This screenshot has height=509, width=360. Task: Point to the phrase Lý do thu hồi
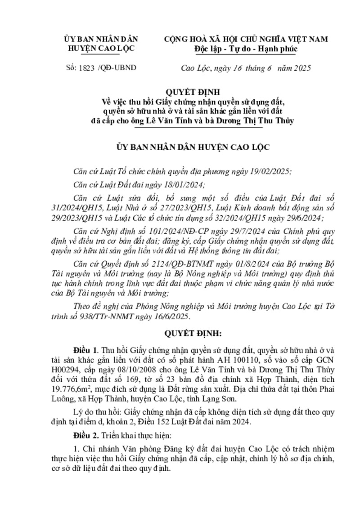point(94,412)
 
